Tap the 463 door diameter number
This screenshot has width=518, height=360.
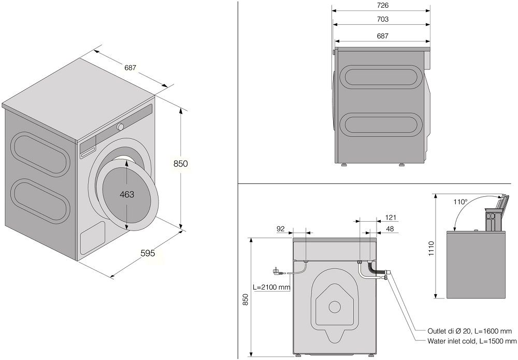coord(127,194)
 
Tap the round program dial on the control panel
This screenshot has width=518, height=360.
coord(120,126)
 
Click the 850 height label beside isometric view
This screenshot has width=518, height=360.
coord(180,163)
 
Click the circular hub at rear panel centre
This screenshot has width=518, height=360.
coord(335,307)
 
